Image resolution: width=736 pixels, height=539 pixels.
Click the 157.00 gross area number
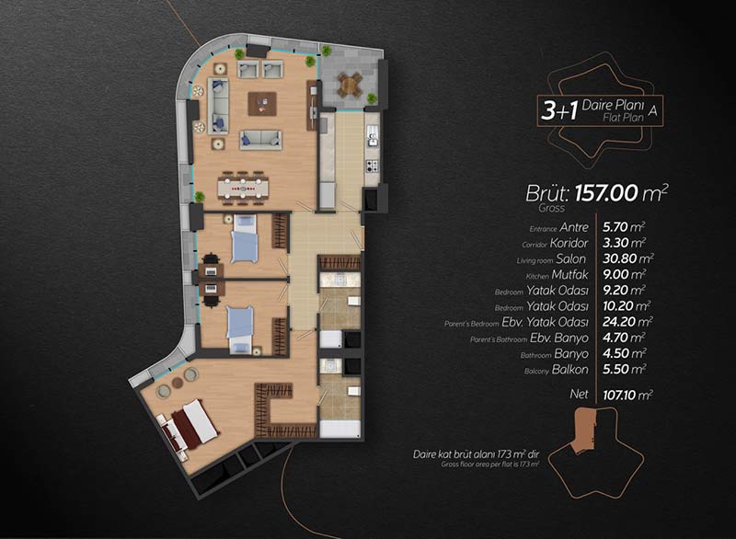coord(606,193)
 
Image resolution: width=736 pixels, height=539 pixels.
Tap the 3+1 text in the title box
coord(559,110)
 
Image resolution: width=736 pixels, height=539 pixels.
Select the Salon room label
coord(570,259)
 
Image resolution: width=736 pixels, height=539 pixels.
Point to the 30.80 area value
coord(619,258)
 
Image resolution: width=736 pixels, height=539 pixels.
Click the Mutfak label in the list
coord(569,274)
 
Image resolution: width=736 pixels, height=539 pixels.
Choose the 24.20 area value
coord(619,322)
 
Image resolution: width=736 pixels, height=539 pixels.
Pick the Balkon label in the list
coord(569,370)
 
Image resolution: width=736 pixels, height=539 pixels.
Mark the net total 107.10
coord(619,395)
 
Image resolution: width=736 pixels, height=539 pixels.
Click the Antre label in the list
coord(573,227)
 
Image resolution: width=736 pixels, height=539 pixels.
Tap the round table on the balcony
coord(349,86)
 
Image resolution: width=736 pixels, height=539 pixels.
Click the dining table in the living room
coord(243,189)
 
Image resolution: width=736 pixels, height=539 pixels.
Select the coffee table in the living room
coord(262,103)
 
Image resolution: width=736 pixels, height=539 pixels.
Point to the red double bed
coord(190,426)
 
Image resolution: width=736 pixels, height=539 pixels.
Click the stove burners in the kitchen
coord(373,166)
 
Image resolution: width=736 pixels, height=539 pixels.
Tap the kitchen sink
coord(373,137)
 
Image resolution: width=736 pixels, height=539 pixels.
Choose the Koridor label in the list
coord(569,243)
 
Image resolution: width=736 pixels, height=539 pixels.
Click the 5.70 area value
coord(615,227)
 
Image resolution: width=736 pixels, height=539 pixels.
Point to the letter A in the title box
coord(652,111)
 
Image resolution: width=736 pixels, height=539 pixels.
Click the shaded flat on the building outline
coord(586,430)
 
